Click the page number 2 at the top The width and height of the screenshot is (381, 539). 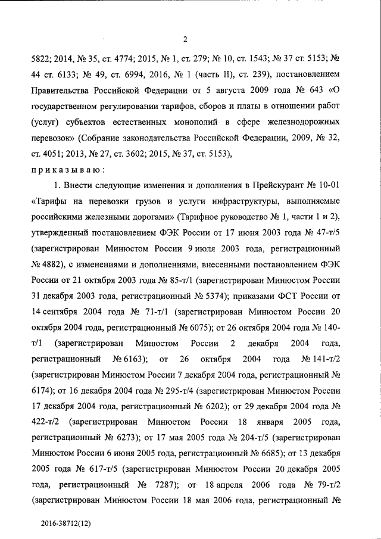pos(185,40)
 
